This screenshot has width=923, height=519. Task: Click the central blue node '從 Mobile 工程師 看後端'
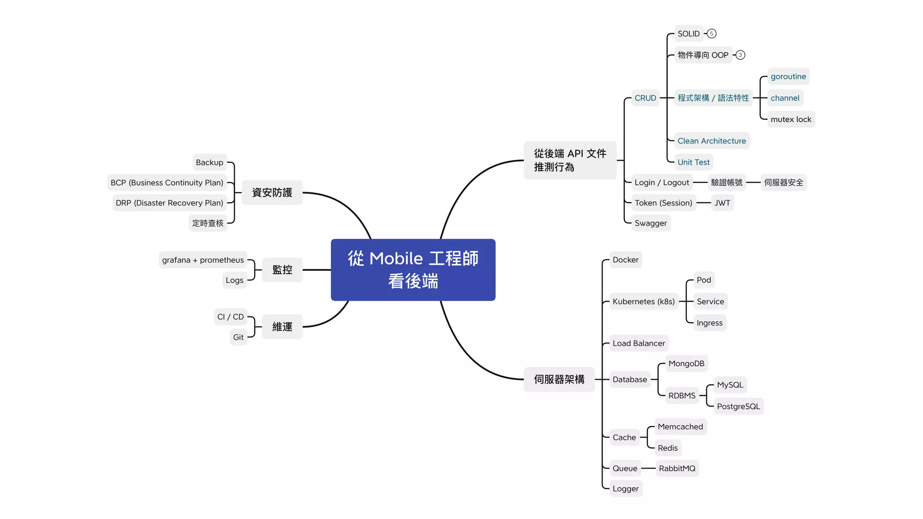click(x=413, y=269)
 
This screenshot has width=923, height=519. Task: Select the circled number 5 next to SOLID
click(x=712, y=34)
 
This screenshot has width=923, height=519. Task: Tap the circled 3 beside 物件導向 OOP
click(x=740, y=55)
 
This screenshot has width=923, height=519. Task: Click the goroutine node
click(x=788, y=77)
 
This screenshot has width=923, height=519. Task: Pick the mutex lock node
click(x=790, y=119)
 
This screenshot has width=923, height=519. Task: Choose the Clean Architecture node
click(x=711, y=141)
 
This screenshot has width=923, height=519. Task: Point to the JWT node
click(x=722, y=203)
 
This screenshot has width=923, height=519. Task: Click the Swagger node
click(x=650, y=223)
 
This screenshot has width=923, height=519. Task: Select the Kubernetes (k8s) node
click(x=643, y=301)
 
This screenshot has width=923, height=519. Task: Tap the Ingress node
click(x=709, y=323)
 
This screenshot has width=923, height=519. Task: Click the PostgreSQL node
click(x=738, y=406)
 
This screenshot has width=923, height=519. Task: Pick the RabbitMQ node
click(x=677, y=469)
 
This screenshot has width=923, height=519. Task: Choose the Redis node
click(x=667, y=448)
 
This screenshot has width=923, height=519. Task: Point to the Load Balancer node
click(x=639, y=343)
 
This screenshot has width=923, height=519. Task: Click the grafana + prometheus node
click(x=203, y=260)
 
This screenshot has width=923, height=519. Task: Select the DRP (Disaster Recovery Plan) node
click(x=169, y=203)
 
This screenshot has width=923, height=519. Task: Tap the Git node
click(x=238, y=337)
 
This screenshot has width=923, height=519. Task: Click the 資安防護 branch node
click(x=272, y=193)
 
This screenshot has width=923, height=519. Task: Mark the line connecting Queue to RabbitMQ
click(x=648, y=469)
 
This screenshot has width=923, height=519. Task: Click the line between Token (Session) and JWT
click(x=704, y=203)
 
